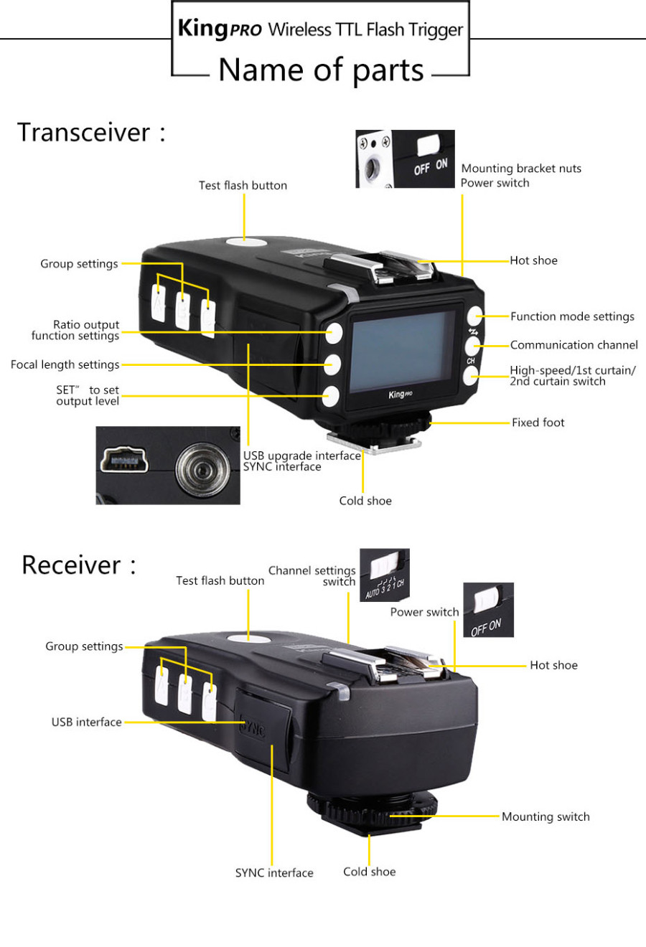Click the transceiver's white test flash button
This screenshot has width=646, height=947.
click(245, 242)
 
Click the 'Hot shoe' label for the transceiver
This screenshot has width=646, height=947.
click(533, 260)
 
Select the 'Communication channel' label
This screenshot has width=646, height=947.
click(574, 345)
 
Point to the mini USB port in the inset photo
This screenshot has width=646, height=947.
click(124, 460)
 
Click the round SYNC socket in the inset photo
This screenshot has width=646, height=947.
click(202, 470)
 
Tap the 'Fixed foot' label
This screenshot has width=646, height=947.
click(538, 423)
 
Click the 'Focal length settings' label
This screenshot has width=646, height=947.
click(65, 364)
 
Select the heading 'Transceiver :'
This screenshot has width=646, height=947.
click(91, 132)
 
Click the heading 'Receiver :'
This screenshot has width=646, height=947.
click(79, 565)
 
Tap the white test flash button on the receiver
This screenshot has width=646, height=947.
click(248, 638)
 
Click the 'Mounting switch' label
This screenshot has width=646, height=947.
click(546, 816)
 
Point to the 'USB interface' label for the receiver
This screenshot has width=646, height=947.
click(86, 722)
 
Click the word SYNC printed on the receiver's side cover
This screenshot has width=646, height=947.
click(253, 726)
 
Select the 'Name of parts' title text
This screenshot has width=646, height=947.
click(321, 70)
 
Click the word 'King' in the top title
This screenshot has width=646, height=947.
click(203, 28)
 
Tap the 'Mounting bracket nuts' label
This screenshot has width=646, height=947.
click(521, 169)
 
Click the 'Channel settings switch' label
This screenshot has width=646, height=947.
click(312, 576)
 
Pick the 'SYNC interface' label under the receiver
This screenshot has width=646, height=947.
click(274, 872)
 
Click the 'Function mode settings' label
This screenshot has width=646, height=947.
click(572, 316)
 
